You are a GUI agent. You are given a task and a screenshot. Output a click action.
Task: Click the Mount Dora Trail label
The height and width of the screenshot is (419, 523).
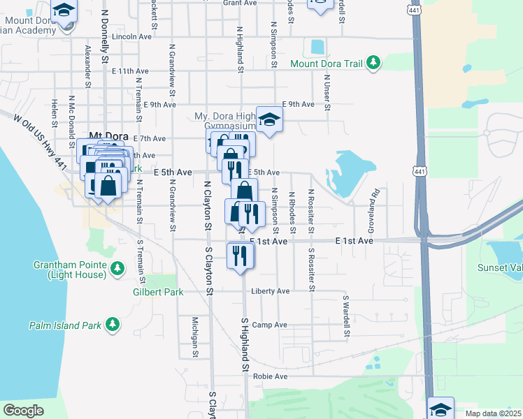[x=327, y=64]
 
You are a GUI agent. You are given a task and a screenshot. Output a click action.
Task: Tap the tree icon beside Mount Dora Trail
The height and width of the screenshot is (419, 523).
[x=374, y=63]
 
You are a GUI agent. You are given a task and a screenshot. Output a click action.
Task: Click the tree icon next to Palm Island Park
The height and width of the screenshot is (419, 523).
[x=112, y=324]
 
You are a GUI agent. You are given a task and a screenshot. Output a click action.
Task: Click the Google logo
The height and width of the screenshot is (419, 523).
[x=23, y=411]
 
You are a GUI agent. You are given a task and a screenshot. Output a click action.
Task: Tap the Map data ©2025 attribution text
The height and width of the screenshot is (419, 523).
[x=494, y=413]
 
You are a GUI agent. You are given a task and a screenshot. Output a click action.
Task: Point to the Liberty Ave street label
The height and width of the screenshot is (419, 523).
[x=270, y=291]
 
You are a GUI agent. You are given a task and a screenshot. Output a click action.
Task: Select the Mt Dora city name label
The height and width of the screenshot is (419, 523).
[x=106, y=138]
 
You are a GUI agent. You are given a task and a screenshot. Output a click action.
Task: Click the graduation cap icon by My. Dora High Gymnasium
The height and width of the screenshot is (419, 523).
[x=268, y=119]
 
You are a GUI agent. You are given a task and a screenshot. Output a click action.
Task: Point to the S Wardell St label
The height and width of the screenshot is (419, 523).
[x=345, y=316]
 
